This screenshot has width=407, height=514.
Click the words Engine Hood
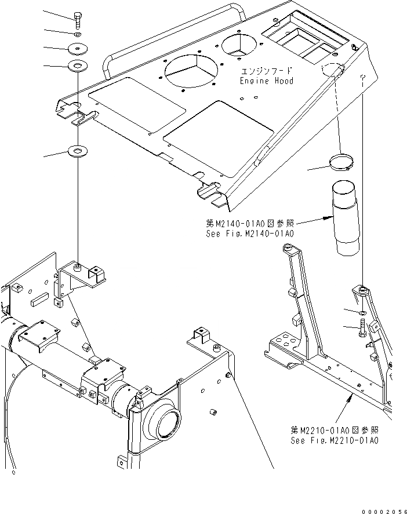coord(267,81)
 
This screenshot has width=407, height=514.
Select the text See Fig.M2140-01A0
coord(250,234)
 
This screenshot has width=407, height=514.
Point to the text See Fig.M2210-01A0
coord(335,441)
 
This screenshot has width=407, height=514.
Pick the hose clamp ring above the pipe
coord(343,162)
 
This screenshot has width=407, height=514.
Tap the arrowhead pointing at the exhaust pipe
coord(332,218)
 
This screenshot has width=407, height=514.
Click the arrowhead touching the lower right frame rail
coord(351,395)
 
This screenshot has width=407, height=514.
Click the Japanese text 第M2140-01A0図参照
coord(250,224)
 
